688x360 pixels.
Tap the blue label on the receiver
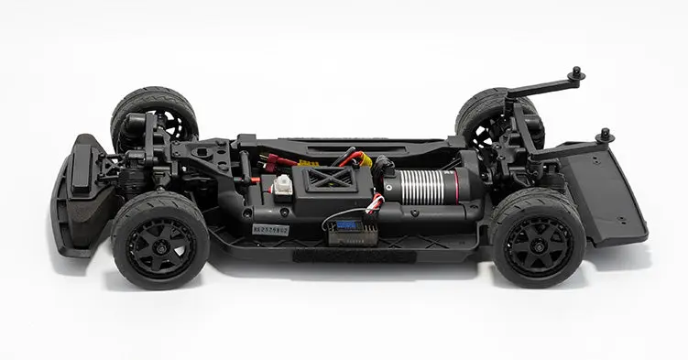348,224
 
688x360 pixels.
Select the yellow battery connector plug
364,162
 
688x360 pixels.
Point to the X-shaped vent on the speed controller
327,179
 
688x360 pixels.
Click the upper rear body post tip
576,72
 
